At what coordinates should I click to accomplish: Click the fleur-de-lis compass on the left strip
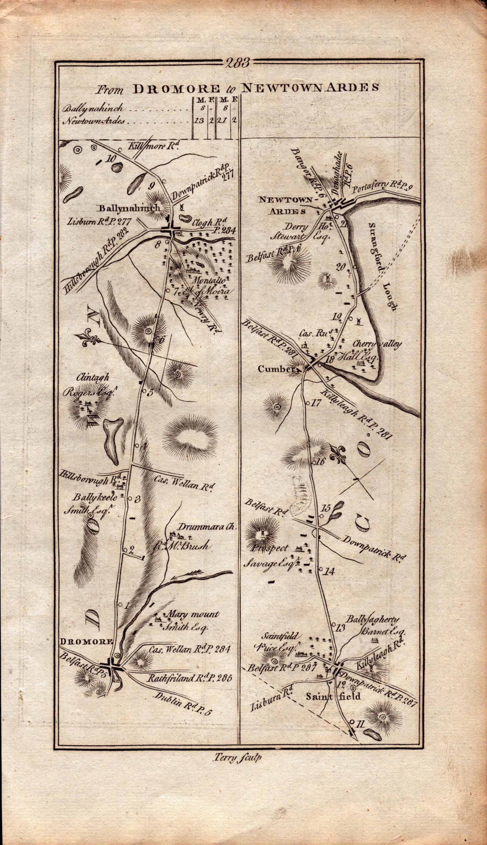[88, 340]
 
